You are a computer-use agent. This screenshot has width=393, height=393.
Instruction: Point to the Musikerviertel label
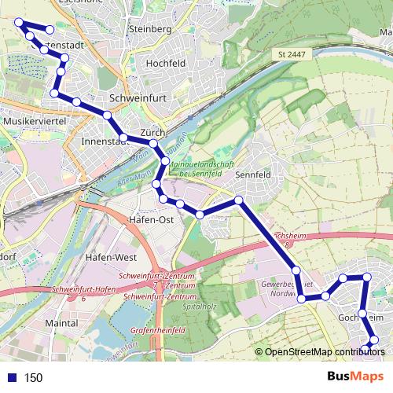click(x=33, y=123)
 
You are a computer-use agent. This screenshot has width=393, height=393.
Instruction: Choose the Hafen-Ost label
click(x=150, y=220)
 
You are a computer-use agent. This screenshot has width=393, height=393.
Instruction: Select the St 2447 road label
click(x=292, y=53)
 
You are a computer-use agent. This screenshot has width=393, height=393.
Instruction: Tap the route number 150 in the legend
click(x=34, y=378)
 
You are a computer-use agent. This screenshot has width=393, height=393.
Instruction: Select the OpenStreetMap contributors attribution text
click(x=324, y=351)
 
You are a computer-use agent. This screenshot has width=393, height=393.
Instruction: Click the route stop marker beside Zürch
click(x=154, y=144)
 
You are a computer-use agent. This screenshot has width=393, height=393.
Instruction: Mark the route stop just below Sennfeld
click(x=239, y=200)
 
